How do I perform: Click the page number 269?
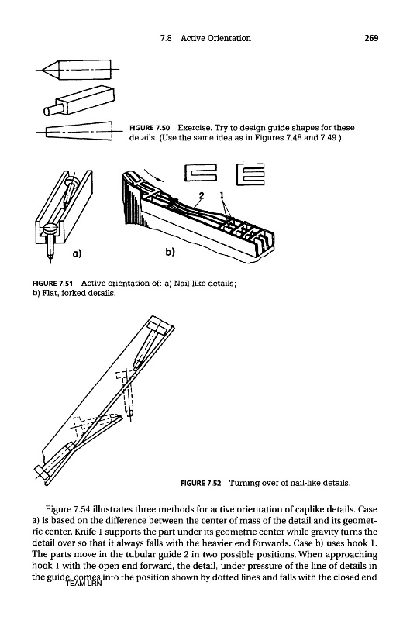371,38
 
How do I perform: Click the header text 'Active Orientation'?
215,38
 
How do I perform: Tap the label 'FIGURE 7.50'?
150,128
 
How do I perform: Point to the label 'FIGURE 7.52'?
201,483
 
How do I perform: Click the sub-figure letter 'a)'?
77,253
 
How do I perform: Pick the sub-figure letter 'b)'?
170,251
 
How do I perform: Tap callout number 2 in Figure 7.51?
202,195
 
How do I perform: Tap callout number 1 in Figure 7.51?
222,195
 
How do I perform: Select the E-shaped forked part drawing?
250,174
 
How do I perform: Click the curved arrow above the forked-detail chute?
153,175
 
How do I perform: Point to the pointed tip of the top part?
42,70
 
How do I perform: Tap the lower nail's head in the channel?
51,229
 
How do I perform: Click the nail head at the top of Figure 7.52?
157,327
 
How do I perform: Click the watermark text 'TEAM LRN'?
84,584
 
